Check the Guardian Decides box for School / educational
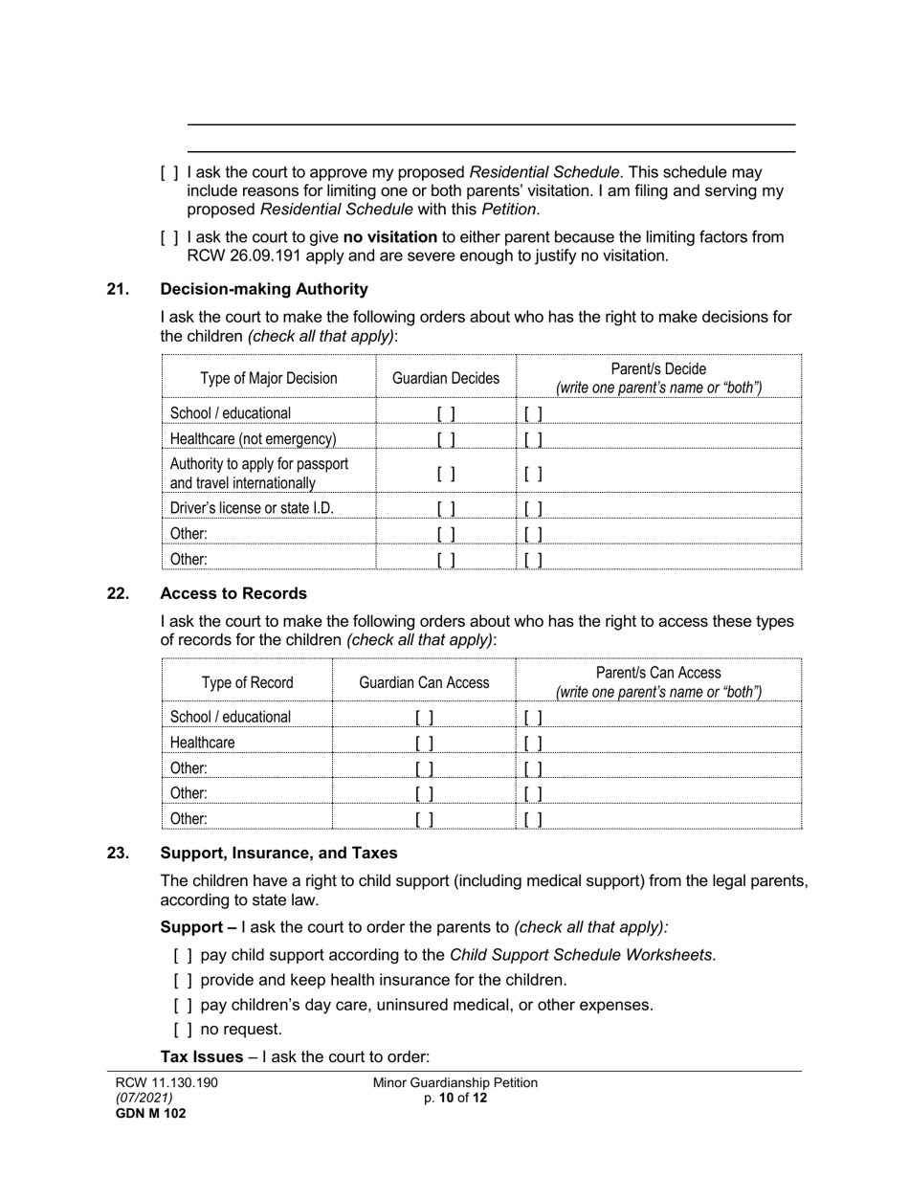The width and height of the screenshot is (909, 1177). point(446,413)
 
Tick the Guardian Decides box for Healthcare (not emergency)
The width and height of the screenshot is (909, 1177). point(446,439)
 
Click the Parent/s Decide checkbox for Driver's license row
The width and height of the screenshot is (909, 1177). point(534,508)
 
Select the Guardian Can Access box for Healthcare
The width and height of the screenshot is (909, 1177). point(424,743)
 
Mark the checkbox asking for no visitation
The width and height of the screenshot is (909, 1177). point(169,237)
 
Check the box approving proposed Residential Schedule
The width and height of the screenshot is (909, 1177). point(169,173)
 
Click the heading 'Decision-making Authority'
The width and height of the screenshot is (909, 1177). point(263,289)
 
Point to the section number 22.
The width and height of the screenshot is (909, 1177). point(118,593)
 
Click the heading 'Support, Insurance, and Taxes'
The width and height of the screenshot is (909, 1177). point(278,853)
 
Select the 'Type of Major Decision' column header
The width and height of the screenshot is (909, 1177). point(269,378)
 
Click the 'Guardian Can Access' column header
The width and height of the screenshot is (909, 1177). point(424,682)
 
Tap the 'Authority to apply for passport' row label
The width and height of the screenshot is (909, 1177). point(259,464)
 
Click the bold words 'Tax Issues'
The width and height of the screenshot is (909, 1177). point(197,1057)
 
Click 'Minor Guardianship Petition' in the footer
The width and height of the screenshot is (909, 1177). point(455,1083)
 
